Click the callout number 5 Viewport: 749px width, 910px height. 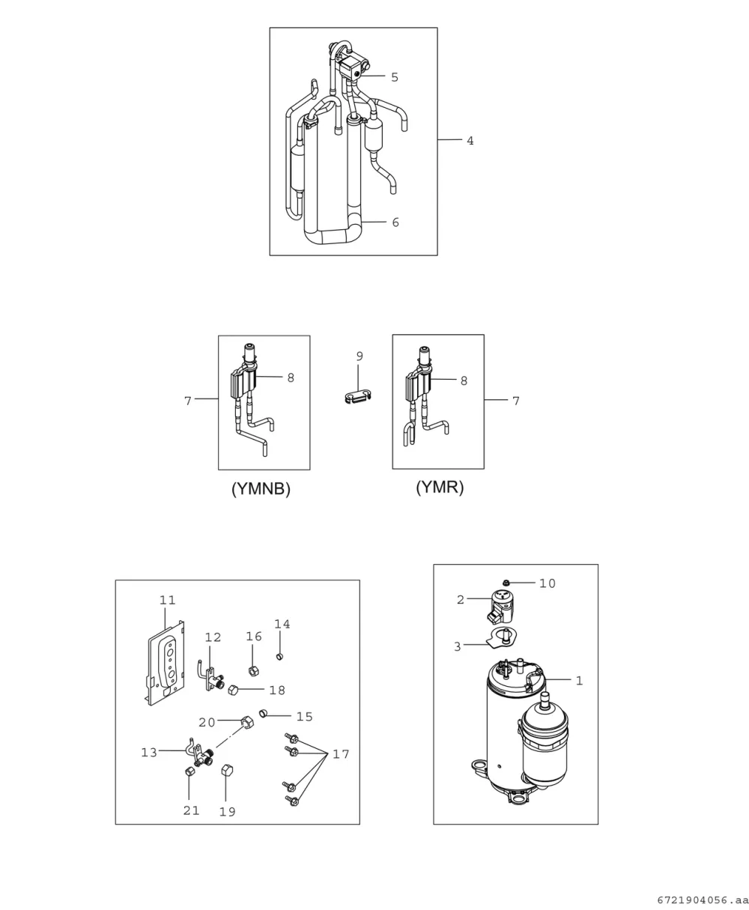(394, 77)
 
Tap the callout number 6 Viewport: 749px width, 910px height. (395, 222)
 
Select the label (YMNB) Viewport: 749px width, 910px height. (261, 489)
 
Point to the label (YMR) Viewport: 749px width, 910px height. (440, 487)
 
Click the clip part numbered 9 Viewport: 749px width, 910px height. (358, 397)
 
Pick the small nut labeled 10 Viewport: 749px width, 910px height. (507, 583)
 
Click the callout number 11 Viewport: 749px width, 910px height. (168, 600)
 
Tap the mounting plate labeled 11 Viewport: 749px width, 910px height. (166, 664)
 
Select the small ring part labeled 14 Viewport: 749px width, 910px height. (279, 657)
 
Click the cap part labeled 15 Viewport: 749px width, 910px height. (263, 713)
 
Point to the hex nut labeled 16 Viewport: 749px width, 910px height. (254, 670)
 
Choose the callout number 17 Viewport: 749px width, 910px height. (340, 754)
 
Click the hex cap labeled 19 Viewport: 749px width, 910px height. (227, 771)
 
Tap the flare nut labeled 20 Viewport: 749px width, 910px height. (246, 721)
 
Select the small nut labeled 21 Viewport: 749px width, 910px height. (189, 771)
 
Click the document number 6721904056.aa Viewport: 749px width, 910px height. (703, 900)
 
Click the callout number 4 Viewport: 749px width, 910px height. (470, 141)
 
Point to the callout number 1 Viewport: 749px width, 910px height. (579, 681)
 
